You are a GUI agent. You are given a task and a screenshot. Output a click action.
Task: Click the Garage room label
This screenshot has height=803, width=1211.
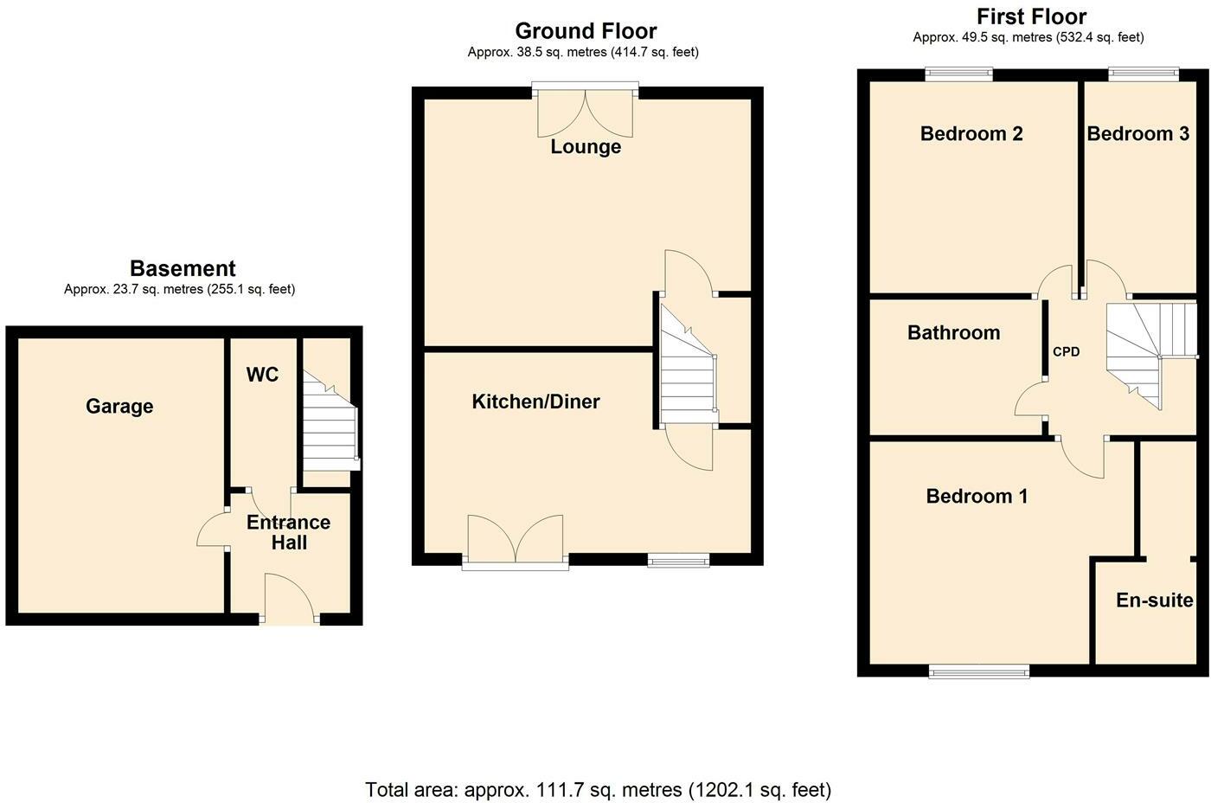tap(119, 407)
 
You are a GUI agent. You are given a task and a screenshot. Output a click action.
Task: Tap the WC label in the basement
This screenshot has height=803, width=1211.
tap(262, 374)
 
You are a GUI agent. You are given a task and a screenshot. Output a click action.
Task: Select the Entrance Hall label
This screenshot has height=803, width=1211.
tap(289, 532)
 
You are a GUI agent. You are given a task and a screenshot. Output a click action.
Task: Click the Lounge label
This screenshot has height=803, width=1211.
tap(586, 147)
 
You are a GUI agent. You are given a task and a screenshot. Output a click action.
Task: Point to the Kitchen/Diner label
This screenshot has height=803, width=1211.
tap(535, 401)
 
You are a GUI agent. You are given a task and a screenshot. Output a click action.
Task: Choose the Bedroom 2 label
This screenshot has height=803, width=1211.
tap(971, 133)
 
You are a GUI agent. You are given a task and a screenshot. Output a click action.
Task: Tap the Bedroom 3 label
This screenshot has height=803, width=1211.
tap(1138, 133)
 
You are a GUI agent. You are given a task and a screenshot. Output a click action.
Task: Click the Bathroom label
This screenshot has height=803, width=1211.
tap(953, 332)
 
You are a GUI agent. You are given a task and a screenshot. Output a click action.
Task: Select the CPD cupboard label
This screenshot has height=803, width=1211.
tap(1066, 352)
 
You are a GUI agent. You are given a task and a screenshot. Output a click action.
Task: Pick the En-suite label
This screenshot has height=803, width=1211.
tap(1154, 601)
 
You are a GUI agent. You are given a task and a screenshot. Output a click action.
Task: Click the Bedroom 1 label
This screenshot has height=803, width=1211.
tap(977, 496)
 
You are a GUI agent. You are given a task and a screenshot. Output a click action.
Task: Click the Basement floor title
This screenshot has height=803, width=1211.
tap(183, 268)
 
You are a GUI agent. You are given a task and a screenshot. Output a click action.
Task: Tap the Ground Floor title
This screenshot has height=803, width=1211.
tap(586, 31)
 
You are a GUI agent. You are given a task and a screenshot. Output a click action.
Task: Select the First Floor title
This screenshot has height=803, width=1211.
tap(1031, 16)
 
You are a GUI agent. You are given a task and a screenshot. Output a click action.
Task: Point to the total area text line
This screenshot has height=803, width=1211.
tap(598, 790)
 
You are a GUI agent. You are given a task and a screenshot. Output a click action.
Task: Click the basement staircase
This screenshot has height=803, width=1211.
tap(330, 421)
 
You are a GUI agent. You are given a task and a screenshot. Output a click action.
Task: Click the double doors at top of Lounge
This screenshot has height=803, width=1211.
tap(585, 112)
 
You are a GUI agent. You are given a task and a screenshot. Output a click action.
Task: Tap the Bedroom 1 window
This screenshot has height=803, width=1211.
tap(979, 671)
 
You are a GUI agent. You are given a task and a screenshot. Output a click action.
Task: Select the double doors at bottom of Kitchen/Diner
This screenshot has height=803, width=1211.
tap(516, 543)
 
